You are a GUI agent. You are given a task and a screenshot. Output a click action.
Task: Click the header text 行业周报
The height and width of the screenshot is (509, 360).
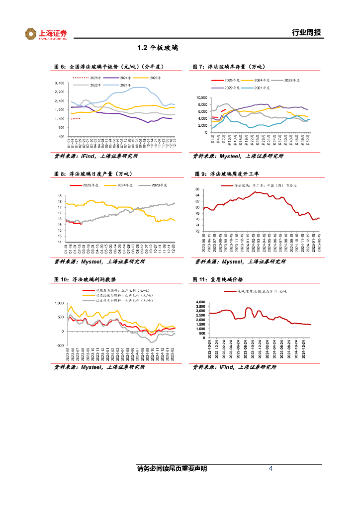(x=306, y=33)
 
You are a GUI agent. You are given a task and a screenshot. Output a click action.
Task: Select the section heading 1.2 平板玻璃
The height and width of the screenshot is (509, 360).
(x=158, y=48)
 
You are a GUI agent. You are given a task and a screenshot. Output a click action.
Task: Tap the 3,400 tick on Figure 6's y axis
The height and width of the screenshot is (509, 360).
(x=59, y=83)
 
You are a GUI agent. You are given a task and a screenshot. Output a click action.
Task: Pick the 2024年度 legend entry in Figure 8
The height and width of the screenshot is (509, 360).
(x=124, y=185)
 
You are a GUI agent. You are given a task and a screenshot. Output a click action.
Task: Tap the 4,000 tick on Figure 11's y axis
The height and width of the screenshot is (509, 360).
(x=200, y=302)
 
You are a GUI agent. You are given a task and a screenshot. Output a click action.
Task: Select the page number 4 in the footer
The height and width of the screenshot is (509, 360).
(x=270, y=468)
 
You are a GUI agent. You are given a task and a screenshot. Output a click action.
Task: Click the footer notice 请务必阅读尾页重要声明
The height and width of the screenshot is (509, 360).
(x=172, y=469)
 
